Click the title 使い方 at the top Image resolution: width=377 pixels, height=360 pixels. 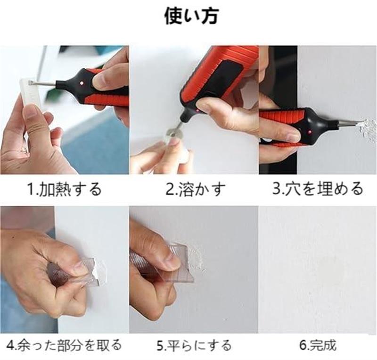point(191,16)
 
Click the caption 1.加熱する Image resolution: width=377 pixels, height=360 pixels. point(65,189)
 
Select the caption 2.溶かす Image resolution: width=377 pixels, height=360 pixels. point(196,189)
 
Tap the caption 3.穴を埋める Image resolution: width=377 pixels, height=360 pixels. point(317,189)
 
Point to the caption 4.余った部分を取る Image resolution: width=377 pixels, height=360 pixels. point(64,345)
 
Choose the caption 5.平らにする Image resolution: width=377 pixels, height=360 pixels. point(194,345)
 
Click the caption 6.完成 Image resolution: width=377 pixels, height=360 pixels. point(317,345)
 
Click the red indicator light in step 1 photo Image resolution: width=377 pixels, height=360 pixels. point(82,83)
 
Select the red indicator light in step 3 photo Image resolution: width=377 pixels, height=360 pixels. point(310,132)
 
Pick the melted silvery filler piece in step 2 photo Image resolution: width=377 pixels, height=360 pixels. point(173,134)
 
